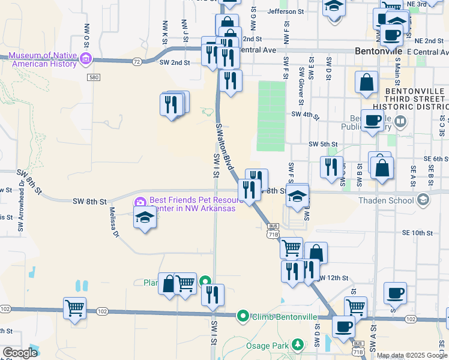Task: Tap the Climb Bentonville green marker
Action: pyautogui.click(x=243, y=316)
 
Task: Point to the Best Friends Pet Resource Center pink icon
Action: pyautogui.click(x=140, y=202)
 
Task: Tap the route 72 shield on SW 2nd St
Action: pyautogui.click(x=137, y=62)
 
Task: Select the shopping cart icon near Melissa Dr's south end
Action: pyautogui.click(x=74, y=308)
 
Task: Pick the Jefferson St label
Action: pyautogui.click(x=286, y=11)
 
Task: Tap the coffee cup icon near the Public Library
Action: pyautogui.click(x=372, y=120)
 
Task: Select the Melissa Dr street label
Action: pyautogui.click(x=113, y=221)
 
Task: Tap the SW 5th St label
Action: pyautogui.click(x=324, y=144)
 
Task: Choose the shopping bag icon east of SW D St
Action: pyautogui.click(x=366, y=82)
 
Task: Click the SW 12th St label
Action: pyautogui.click(x=333, y=278)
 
